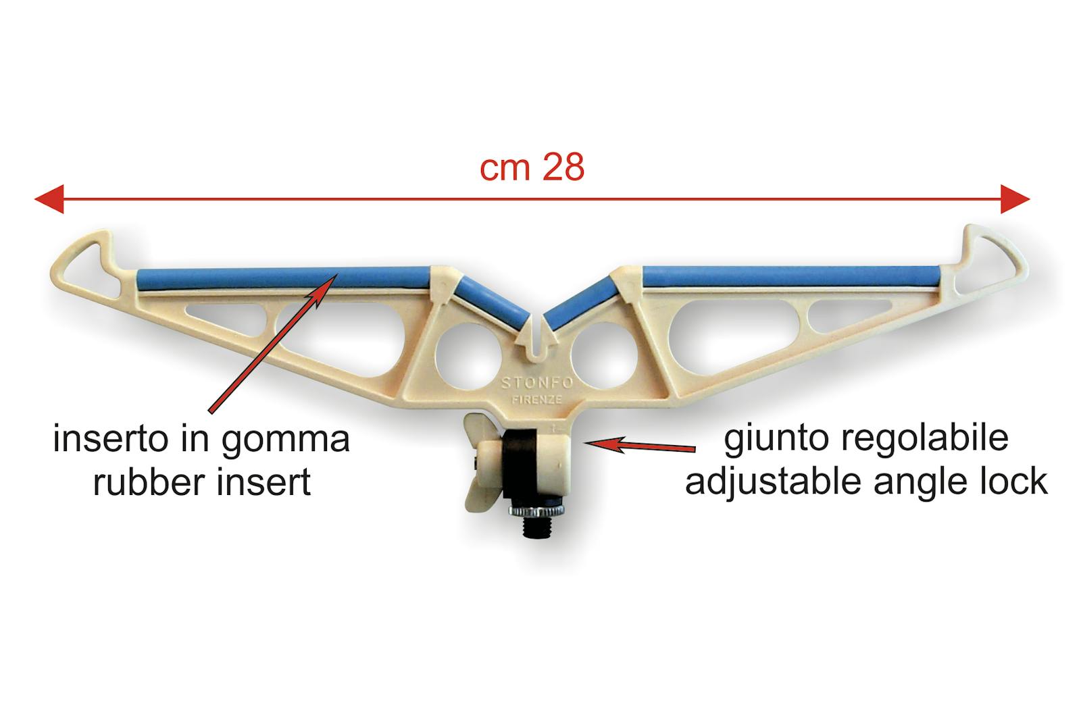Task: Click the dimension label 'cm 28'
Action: pyautogui.click(x=532, y=168)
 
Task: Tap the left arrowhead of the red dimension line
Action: pyautogui.click(x=49, y=200)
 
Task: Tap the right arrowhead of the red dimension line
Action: pyautogui.click(x=1015, y=200)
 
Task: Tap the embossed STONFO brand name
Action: pyautogui.click(x=537, y=383)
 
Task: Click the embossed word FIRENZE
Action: pyautogui.click(x=536, y=399)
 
